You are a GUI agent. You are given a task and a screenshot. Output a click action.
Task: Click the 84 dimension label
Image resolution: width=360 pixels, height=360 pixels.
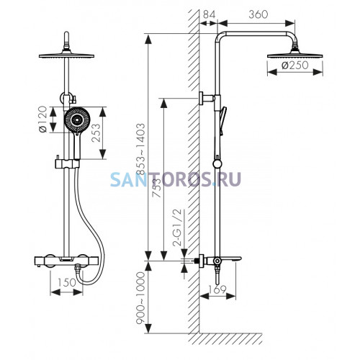(x=210, y=14)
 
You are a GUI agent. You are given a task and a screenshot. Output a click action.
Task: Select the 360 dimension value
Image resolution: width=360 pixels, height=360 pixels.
(x=258, y=14)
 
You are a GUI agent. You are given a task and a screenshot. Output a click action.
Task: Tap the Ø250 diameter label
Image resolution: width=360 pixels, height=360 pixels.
(x=295, y=66)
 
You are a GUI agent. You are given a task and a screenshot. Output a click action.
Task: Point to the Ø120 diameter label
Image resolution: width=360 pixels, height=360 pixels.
(x=42, y=119)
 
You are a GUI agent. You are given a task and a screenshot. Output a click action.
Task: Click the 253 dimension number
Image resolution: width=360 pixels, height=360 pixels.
(x=96, y=132)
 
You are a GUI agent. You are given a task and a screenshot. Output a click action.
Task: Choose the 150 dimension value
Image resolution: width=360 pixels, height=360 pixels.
(x=66, y=282)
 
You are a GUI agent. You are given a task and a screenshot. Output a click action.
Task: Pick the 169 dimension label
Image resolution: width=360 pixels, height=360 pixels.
(x=217, y=289)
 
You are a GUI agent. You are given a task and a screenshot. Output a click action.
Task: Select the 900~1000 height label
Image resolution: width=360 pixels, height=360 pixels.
(x=140, y=298)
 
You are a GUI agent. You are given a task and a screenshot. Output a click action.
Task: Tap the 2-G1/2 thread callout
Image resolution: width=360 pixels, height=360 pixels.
(x=177, y=228)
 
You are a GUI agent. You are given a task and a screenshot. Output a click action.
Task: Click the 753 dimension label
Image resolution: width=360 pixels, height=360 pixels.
(x=157, y=188)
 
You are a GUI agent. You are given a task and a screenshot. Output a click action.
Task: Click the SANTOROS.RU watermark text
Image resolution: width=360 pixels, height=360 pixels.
(x=176, y=179)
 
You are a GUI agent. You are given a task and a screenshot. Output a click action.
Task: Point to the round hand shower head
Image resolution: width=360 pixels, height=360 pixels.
(x=77, y=120)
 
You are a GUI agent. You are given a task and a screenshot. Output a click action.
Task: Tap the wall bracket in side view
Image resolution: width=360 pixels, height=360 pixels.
(x=207, y=98)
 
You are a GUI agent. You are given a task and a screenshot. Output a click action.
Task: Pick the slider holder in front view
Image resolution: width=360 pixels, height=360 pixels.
(x=67, y=163)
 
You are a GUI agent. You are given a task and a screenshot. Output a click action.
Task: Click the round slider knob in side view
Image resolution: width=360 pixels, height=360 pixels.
(x=217, y=163)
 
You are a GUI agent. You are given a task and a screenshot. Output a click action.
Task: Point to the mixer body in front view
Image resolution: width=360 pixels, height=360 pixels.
(x=66, y=261)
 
